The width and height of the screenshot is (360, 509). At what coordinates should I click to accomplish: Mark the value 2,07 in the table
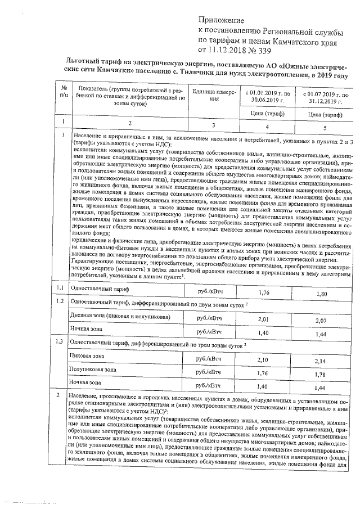pyautogui.click(x=319, y=319)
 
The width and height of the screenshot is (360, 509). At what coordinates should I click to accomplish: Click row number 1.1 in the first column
pyautogui.click(x=60, y=288)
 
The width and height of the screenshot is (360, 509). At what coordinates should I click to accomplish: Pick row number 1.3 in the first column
pyautogui.click(x=60, y=341)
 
